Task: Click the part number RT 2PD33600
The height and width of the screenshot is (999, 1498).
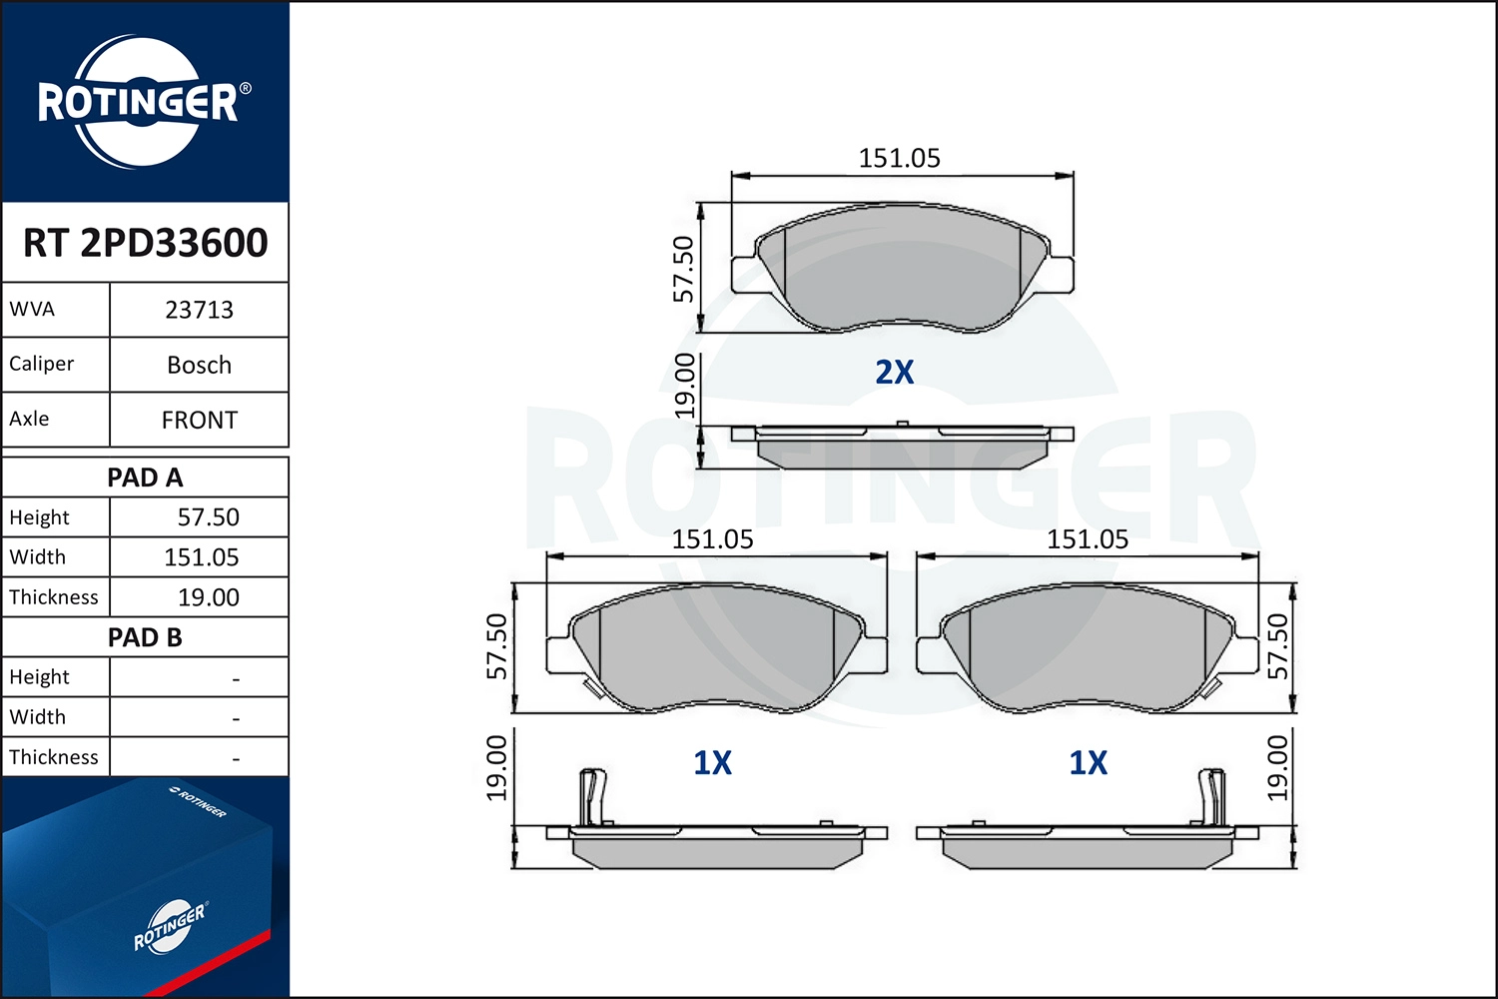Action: (x=145, y=243)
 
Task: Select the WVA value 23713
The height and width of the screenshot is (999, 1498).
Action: (x=199, y=310)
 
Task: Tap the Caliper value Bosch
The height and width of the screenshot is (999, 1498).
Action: (x=199, y=365)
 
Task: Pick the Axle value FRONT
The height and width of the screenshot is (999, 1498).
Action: (x=199, y=420)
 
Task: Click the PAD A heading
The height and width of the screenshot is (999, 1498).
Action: (x=145, y=478)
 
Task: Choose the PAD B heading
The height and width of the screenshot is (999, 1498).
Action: (x=145, y=637)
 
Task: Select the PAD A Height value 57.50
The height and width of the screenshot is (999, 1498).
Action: (x=208, y=517)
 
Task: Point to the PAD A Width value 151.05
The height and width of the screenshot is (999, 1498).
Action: (x=201, y=557)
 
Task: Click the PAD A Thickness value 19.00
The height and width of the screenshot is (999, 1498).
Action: (x=208, y=597)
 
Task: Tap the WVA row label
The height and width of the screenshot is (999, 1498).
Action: (x=32, y=309)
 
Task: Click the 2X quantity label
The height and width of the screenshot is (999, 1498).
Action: (x=894, y=372)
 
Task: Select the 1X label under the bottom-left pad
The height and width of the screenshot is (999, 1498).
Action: (x=712, y=763)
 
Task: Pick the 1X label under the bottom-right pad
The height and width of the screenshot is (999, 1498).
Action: (x=1088, y=763)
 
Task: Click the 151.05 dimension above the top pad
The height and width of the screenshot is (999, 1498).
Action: (x=899, y=158)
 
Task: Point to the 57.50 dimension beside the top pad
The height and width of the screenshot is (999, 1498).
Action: (x=683, y=269)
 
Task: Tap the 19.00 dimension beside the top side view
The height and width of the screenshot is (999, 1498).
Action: (x=684, y=385)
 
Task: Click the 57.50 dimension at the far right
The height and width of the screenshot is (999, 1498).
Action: (x=1277, y=646)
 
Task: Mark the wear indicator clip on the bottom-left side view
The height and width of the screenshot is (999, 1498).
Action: (x=592, y=797)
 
